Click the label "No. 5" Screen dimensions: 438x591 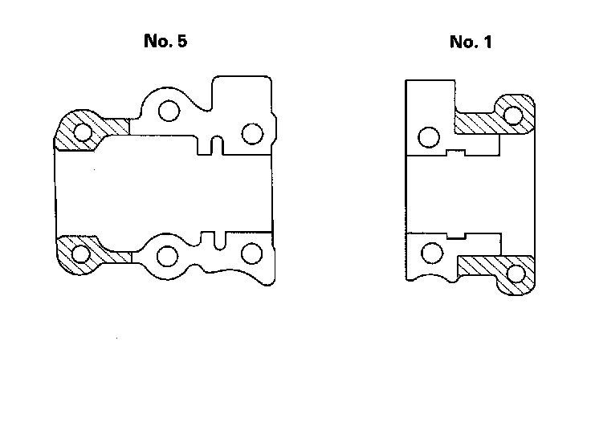click(x=165, y=42)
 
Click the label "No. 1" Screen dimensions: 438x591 click(x=471, y=43)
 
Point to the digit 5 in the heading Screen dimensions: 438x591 click(x=181, y=42)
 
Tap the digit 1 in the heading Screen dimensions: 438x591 click(x=486, y=43)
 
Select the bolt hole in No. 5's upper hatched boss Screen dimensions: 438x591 click(x=81, y=129)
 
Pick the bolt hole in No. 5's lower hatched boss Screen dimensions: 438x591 click(x=80, y=256)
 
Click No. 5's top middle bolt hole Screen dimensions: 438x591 click(x=168, y=112)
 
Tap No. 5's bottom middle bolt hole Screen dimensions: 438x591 click(x=167, y=257)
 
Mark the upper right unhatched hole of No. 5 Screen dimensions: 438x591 click(x=252, y=132)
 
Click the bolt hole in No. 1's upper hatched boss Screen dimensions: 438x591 click(x=513, y=115)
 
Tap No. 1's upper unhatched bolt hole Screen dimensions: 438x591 click(x=430, y=138)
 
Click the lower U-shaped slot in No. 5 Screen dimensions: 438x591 click(x=218, y=238)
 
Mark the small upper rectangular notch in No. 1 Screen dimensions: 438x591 click(x=457, y=151)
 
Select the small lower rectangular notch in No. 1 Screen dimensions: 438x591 click(x=457, y=236)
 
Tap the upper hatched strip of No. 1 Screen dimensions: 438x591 click(x=478, y=124)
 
